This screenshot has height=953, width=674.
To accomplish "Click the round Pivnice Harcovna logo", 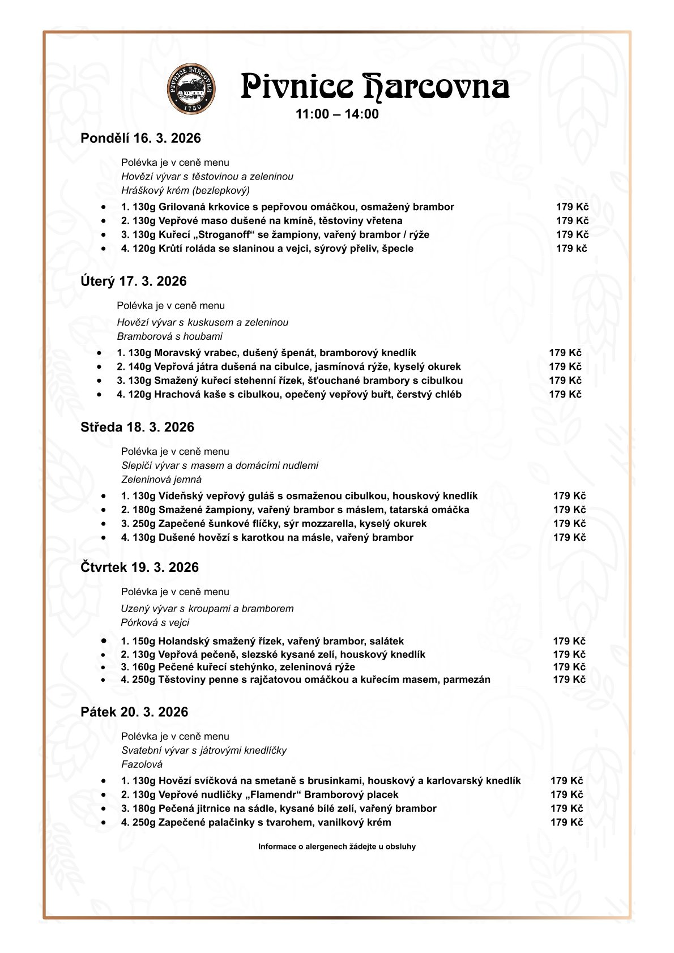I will click(x=191, y=88).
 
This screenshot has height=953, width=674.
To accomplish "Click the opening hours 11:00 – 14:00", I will click(x=337, y=114).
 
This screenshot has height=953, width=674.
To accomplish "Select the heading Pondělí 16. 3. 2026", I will click(x=140, y=138).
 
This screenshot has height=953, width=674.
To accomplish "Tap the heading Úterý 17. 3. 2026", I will click(x=134, y=281).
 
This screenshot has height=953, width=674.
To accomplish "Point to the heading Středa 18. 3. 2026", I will click(x=137, y=427).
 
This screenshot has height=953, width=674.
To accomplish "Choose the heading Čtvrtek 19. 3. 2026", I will click(x=139, y=567).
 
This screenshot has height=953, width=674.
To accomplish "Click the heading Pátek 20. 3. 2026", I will click(x=134, y=712).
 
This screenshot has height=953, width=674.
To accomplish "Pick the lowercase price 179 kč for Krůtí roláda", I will click(x=571, y=248).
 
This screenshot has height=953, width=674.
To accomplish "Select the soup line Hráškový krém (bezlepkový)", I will click(x=185, y=190).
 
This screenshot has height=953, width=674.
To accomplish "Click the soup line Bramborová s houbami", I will click(x=169, y=336).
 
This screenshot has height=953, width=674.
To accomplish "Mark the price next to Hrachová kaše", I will click(x=565, y=394).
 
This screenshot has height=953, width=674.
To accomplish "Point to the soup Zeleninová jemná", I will click(x=161, y=479).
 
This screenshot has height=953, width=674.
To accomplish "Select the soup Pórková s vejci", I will click(x=155, y=622).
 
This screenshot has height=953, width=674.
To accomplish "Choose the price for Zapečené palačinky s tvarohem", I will click(x=566, y=822).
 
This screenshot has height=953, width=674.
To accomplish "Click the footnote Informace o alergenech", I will click(x=336, y=847).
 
